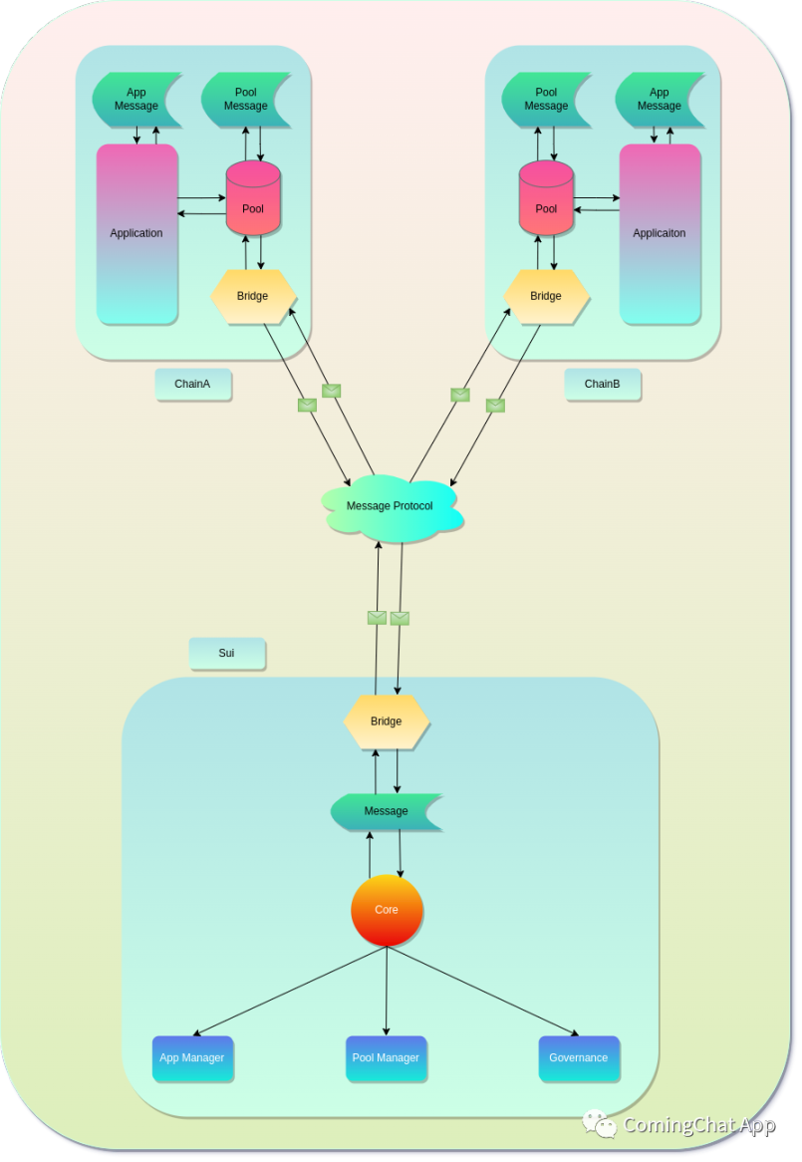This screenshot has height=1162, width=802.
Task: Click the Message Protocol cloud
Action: pyautogui.click(x=390, y=506)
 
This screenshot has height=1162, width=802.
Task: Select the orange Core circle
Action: pyautogui.click(x=387, y=910)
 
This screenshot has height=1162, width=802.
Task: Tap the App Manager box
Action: pyautogui.click(x=192, y=1058)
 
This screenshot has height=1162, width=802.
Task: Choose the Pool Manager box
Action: pyautogui.click(x=386, y=1058)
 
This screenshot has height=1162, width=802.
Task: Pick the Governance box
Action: pyautogui.click(x=578, y=1058)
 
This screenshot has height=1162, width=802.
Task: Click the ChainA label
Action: pyautogui.click(x=192, y=385)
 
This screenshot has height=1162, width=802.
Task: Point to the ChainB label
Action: pyautogui.click(x=602, y=385)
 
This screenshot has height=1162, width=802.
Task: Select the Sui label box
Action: pyautogui.click(x=226, y=654)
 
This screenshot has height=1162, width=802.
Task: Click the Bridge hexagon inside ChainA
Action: pyautogui.click(x=253, y=296)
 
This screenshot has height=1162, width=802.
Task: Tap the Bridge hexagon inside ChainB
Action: pyautogui.click(x=546, y=296)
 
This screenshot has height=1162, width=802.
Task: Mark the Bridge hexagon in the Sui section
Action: pyautogui.click(x=386, y=722)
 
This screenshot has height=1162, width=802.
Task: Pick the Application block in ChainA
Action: pyautogui.click(x=136, y=233)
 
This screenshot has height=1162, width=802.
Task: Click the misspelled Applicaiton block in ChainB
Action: pyautogui.click(x=660, y=233)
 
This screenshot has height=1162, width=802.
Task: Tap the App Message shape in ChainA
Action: pyautogui.click(x=136, y=100)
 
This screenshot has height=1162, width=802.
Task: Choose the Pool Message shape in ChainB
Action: pyautogui.click(x=546, y=100)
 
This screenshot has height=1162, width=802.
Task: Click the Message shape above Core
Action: pyautogui.click(x=386, y=811)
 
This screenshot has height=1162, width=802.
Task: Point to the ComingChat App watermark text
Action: pyautogui.click(x=697, y=1125)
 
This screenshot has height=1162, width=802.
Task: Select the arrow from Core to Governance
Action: pyautogui.click(x=483, y=991)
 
